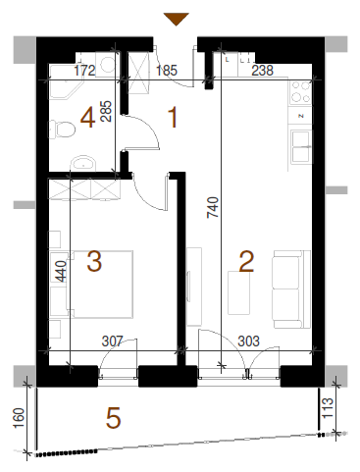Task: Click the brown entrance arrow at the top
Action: [176, 19]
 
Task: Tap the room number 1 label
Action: [173, 117]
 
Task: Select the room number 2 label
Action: [246, 261]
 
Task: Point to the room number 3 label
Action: [94, 261]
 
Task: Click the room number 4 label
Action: [87, 118]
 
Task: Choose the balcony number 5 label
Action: [114, 418]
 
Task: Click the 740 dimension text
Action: [213, 207]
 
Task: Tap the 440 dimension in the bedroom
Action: [61, 271]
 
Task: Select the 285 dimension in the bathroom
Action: [106, 111]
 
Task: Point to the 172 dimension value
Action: [84, 71]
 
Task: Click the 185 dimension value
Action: [167, 71]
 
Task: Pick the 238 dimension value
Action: [263, 71]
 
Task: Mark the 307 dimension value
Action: [112, 341]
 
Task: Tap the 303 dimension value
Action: [248, 341]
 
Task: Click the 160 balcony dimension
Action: [19, 418]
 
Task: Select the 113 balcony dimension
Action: [328, 407]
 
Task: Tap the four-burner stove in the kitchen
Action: [300, 92]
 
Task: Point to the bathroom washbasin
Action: [83, 163]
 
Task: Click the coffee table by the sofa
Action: [239, 292]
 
